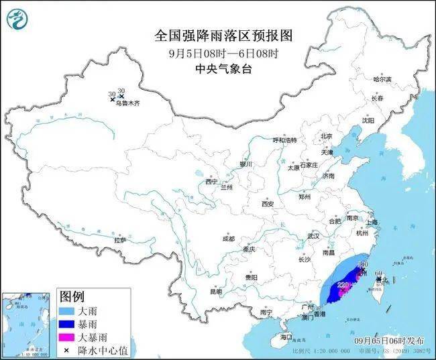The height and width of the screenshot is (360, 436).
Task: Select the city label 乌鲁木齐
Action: (x=127, y=104)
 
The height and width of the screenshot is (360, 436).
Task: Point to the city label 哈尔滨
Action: (x=382, y=79)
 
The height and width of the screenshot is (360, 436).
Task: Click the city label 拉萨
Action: (x=120, y=240)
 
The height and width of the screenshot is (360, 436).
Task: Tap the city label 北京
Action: (x=326, y=136)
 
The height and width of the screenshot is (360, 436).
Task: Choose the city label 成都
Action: (x=229, y=238)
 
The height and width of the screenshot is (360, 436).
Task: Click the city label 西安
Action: (x=268, y=204)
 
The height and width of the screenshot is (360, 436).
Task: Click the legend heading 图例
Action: (x=72, y=296)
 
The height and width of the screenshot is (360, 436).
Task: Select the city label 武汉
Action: (x=313, y=236)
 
